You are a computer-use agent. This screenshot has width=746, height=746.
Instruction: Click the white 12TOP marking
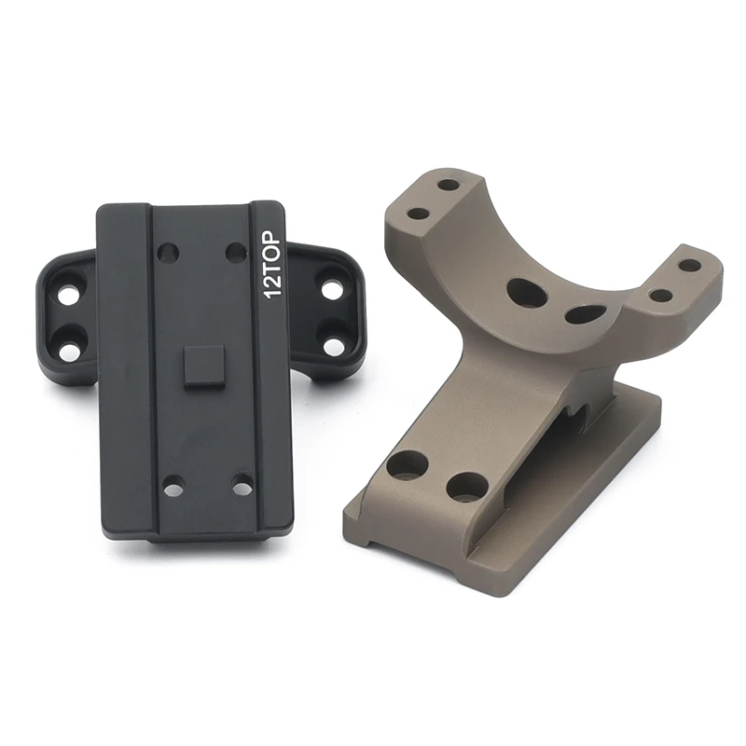275,265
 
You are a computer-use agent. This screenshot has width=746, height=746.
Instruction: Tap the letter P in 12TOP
275,238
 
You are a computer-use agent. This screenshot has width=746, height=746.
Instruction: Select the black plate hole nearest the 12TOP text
235,253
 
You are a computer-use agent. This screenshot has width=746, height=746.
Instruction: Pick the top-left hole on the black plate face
169,254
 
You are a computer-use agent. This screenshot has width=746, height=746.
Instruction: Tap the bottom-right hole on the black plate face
242,487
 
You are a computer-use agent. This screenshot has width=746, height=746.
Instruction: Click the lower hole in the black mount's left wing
70,345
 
